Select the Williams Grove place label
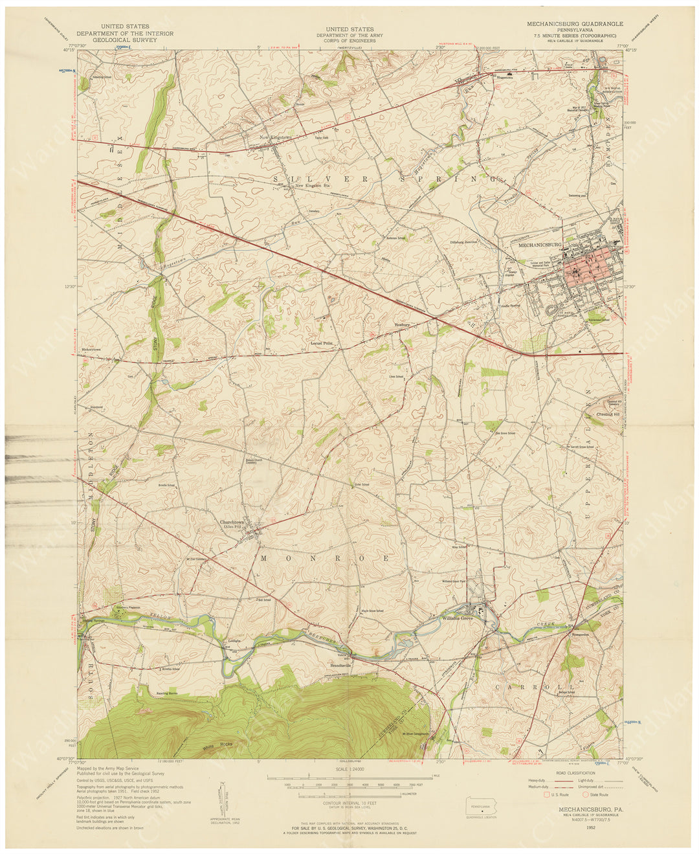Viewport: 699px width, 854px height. tap(458, 618)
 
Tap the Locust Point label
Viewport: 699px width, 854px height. tap(322, 343)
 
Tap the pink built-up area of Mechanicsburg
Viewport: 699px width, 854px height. tap(586, 264)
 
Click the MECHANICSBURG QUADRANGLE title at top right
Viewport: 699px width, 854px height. tap(575, 23)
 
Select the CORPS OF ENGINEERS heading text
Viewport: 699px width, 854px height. tap(349, 41)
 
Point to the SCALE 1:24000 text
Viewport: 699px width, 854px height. tap(349, 769)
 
